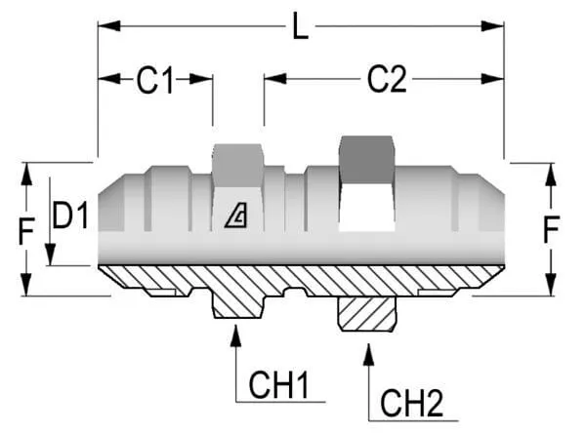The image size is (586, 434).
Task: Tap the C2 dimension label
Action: pos(386,81)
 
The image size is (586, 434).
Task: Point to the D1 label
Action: pos(70,216)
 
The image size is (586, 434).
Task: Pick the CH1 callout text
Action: pos(278,384)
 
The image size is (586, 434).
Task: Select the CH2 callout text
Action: pos(410,401)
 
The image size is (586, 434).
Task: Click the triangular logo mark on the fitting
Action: pos(236,217)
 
